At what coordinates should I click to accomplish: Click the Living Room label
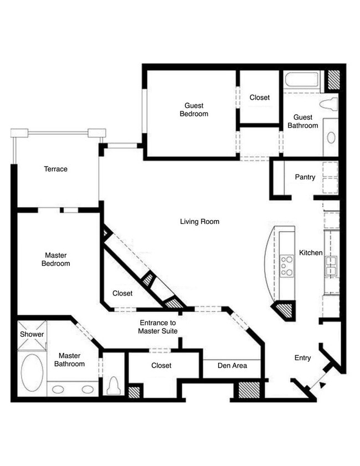coord(199,222)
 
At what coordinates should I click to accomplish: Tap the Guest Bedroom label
coord(194,110)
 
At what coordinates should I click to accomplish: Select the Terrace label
coord(55,169)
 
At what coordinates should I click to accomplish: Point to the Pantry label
coord(305,177)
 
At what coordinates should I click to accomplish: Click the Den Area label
coord(232,366)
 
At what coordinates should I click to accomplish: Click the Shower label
coord(32,334)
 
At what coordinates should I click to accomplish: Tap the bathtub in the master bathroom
coord(32,372)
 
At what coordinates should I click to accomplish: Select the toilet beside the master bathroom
coord(114,385)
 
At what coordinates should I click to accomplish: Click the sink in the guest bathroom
coord(331,137)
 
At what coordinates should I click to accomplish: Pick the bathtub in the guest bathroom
coord(302,80)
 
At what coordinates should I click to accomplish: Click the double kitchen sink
coord(331,267)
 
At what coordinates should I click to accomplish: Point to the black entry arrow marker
coord(323,385)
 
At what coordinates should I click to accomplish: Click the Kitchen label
coord(311,253)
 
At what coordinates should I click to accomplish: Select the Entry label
coord(302,358)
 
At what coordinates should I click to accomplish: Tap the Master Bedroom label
coord(55,259)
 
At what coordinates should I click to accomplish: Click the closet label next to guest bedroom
coord(259,98)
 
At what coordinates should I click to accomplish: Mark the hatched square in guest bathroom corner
coord(333,79)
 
